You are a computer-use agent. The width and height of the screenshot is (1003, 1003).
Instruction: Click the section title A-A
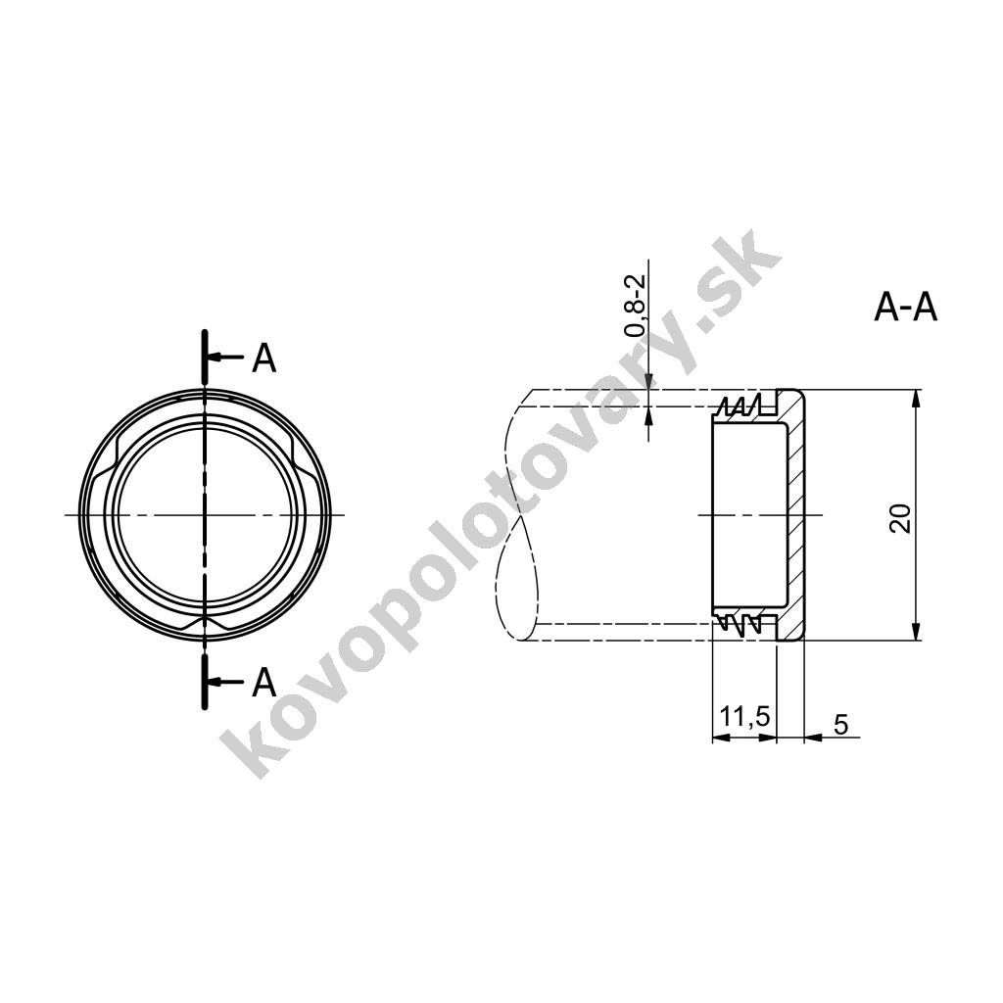[x=905, y=309]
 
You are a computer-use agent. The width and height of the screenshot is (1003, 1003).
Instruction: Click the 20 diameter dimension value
[x=901, y=518]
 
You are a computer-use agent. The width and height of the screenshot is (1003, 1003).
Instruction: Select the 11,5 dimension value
[x=744, y=717]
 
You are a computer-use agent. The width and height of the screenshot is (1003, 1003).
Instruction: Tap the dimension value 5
[x=841, y=725]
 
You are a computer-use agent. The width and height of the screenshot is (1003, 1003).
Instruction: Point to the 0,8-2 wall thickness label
[x=635, y=307]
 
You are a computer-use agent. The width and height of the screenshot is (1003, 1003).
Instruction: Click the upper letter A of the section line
[x=263, y=358]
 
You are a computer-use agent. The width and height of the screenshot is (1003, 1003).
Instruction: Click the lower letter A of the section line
[x=263, y=683]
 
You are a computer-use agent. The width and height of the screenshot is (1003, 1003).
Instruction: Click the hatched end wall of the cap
[x=793, y=515]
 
